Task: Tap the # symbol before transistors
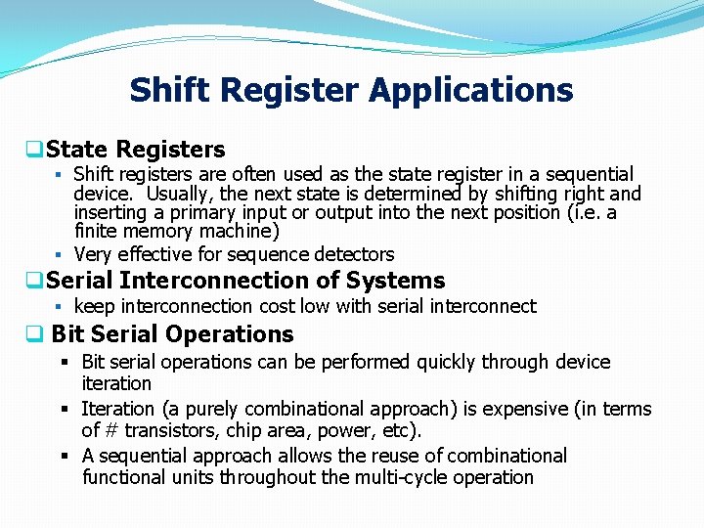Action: [x=110, y=430]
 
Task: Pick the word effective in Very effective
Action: [x=158, y=254]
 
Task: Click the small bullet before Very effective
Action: [x=60, y=254]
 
